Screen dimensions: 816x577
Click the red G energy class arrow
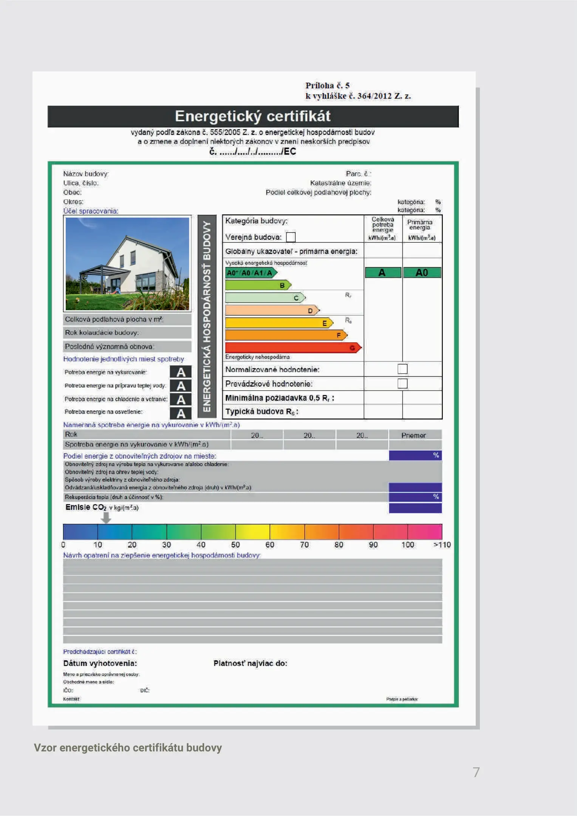click(x=293, y=348)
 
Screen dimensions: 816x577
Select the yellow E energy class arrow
click(x=279, y=323)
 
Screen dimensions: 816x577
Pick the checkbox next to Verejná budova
click(x=291, y=237)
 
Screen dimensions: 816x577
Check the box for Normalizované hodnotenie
click(x=402, y=369)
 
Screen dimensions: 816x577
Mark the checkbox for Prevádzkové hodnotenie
click(x=402, y=383)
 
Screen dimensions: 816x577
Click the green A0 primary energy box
click(x=422, y=273)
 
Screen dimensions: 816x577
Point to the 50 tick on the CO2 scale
click(x=235, y=545)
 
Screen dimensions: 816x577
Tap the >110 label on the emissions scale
click(x=442, y=545)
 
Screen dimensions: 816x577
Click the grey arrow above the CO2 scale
click(x=106, y=518)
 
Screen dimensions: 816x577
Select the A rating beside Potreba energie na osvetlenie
click(x=181, y=414)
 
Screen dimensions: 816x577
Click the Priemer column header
click(x=413, y=435)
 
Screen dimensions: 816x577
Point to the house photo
click(x=127, y=264)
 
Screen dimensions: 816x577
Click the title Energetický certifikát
click(x=253, y=116)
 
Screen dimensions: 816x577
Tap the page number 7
click(x=476, y=772)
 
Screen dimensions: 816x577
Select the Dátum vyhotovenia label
click(x=100, y=663)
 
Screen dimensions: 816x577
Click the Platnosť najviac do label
click(x=250, y=663)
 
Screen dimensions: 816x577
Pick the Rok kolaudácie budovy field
click(x=127, y=333)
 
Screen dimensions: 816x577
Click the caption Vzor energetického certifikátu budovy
click(x=128, y=748)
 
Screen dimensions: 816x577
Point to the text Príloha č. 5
click(x=327, y=86)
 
